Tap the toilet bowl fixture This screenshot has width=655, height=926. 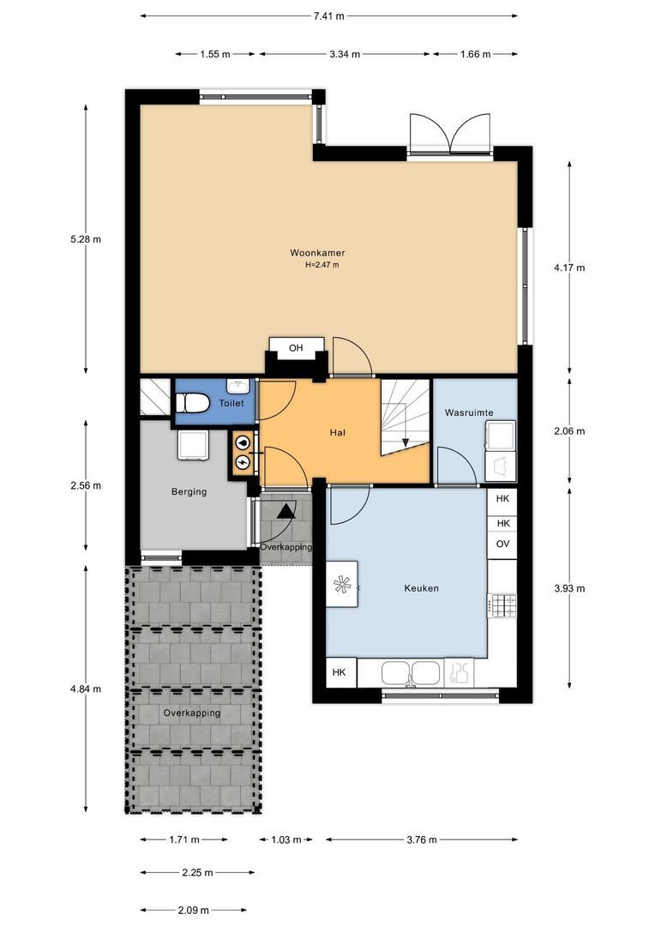click(193, 404)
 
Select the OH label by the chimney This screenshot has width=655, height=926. click(296, 348)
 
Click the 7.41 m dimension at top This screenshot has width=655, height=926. click(329, 16)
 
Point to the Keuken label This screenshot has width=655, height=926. click(422, 588)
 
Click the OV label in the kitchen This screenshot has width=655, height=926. click(502, 544)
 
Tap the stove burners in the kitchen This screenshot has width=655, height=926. click(503, 604)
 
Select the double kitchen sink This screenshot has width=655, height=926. click(411, 673)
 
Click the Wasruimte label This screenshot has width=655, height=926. click(469, 412)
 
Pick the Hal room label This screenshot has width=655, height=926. click(338, 433)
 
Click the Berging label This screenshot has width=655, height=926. click(189, 491)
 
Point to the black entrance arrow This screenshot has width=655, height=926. click(285, 511)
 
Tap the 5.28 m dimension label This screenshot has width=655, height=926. click(86, 239)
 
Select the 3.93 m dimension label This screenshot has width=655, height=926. click(569, 588)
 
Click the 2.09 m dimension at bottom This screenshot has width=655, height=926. click(194, 910)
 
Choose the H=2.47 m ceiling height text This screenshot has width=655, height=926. click(321, 265)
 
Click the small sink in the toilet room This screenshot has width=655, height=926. click(238, 386)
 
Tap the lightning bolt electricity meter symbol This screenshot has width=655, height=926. click(242, 462)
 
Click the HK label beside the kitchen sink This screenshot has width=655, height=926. click(339, 672)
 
